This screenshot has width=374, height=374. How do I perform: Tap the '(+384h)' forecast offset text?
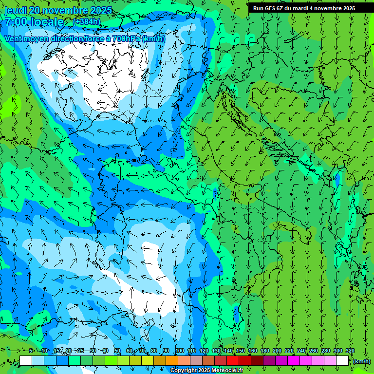pos(86,22)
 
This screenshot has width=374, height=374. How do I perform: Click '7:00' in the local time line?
pos(16,22)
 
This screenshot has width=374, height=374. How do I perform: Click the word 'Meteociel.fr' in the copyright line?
pos(227,370)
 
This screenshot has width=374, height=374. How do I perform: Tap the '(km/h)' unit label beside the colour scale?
pos(361,361)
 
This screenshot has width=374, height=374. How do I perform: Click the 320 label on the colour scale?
pos(350,351)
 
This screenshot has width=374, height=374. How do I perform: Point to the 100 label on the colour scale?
pos(180,351)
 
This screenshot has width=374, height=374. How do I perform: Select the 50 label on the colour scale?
pos(117,351)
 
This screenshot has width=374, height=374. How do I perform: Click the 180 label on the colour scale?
pos(264,351)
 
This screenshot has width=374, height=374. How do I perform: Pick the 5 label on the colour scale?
pos(31,351)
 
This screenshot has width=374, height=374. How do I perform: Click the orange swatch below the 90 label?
pos(172,361)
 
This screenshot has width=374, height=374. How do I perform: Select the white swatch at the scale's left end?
pos(26,361)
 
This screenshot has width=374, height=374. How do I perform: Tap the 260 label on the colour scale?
pos(313,351)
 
